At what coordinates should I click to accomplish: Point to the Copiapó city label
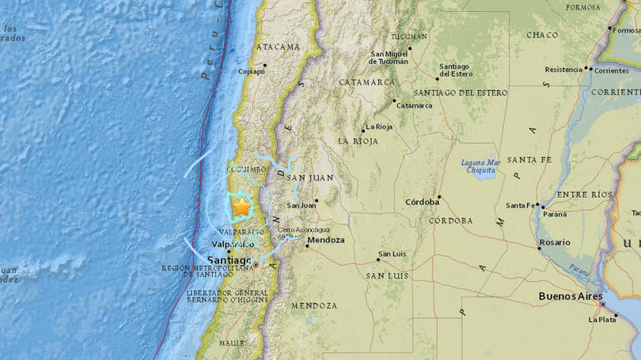tap(252, 71)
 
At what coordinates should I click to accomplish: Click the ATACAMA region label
tap(278, 47)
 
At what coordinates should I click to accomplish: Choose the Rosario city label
tap(554, 242)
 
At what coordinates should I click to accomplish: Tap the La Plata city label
tap(602, 320)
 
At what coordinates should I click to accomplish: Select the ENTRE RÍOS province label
tap(584, 195)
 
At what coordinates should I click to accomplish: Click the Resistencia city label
tap(563, 70)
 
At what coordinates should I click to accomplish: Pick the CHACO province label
tap(542, 35)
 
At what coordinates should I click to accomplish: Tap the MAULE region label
tap(231, 343)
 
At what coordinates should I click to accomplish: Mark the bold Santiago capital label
tap(229, 260)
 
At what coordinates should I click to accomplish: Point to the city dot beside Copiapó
tap(265, 65)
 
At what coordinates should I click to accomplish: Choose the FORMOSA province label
tap(583, 7)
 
